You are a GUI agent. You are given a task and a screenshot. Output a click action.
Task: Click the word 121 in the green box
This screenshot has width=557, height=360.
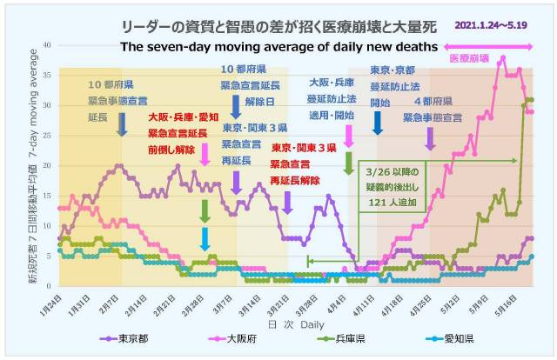click(x=383, y=203)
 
